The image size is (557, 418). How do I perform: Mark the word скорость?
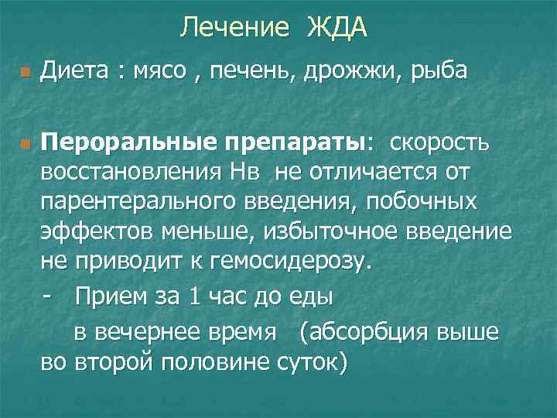(439, 143)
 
